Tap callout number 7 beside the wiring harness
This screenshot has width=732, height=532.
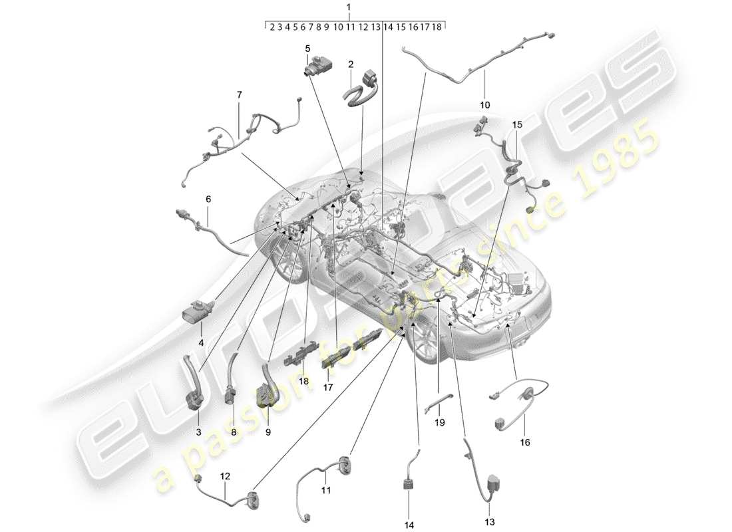pos(238,95)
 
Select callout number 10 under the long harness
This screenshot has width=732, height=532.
pos(484,104)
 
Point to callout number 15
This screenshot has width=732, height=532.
pos(518,124)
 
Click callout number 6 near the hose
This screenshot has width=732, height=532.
pos(208,199)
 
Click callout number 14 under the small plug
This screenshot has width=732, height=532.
pos(409,525)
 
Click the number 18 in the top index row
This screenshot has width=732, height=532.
pos(437,27)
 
